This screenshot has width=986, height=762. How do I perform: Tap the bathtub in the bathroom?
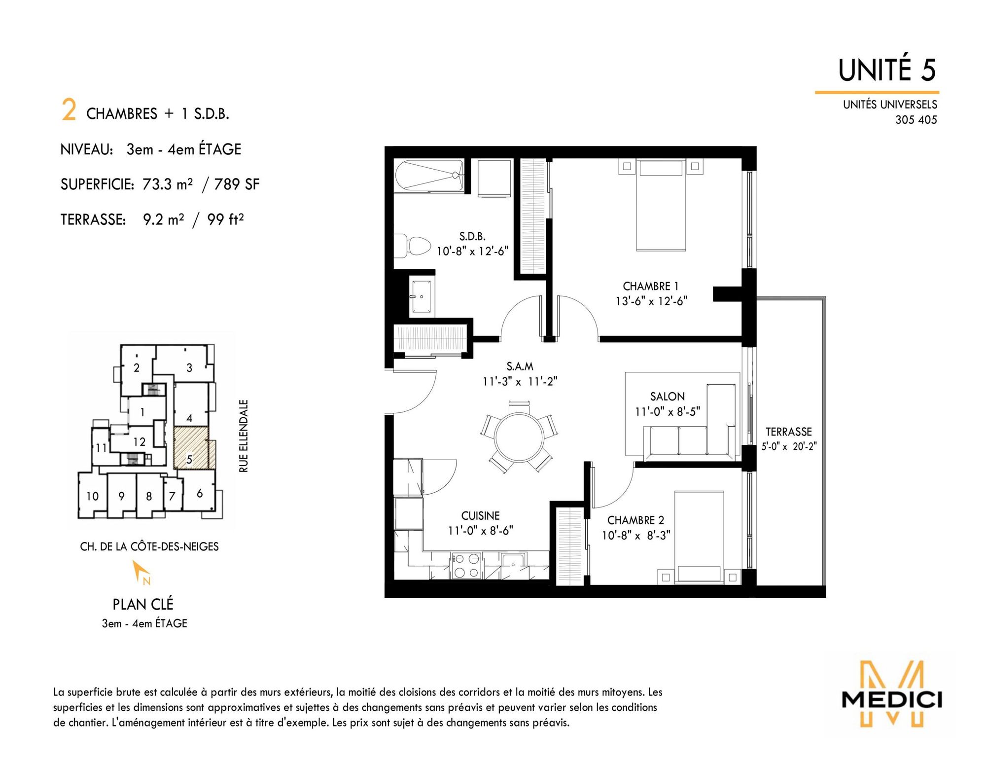429,175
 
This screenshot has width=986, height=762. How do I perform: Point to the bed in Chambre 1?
661,205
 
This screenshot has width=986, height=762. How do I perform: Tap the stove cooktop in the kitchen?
466,565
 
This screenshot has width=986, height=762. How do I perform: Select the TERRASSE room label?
788,432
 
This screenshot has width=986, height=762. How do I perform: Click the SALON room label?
668,397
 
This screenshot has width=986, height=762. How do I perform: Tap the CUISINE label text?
480,516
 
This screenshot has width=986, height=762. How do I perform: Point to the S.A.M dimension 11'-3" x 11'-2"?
520,381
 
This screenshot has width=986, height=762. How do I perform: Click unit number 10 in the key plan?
93,496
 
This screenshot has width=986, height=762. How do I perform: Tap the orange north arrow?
141,572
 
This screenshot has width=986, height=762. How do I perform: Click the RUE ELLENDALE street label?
244,436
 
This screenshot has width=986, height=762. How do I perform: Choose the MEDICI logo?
891,695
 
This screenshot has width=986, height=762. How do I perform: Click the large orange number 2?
69,109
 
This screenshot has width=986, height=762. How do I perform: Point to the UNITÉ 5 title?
887,70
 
